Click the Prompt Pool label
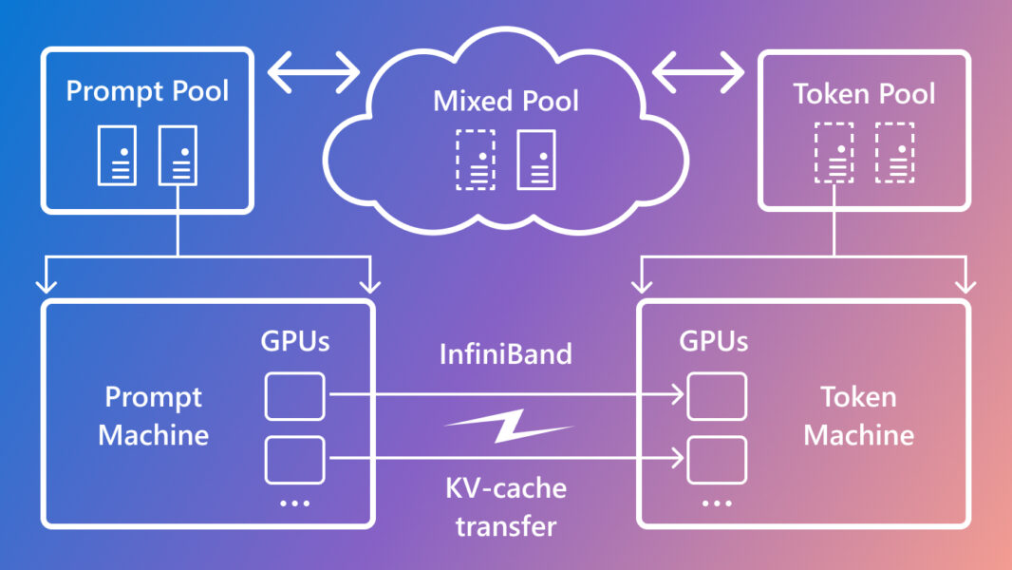click(147, 92)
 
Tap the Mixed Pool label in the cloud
click(506, 101)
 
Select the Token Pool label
click(864, 94)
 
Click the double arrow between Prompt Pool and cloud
click(314, 70)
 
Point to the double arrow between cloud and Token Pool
click(698, 70)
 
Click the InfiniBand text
click(506, 354)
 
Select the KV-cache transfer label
click(506, 506)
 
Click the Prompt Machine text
click(154, 416)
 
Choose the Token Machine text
click(858, 416)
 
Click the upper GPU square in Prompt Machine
click(294, 396)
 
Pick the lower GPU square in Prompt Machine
click(294, 459)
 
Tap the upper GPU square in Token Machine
click(717, 396)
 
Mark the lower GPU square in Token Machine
click(717, 459)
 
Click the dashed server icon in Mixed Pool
click(475, 160)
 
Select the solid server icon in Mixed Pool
click(536, 160)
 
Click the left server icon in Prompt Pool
click(117, 155)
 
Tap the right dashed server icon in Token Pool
click(894, 153)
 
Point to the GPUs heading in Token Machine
click(713, 341)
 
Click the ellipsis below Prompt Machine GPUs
click(294, 503)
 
